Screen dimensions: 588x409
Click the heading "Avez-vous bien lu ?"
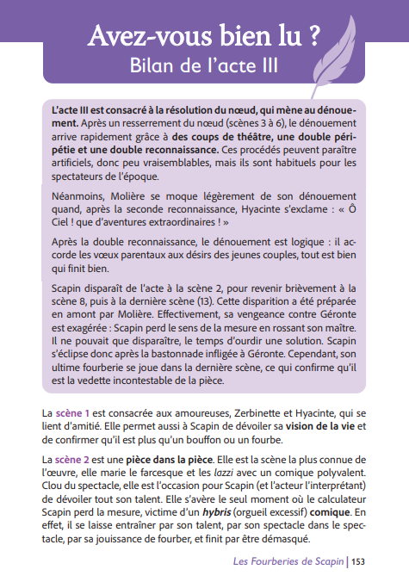pos(205,35)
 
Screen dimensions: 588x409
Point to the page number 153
pos(358,561)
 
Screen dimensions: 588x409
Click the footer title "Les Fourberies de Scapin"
pos(288,561)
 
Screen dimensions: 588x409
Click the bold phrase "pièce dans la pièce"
pos(169,459)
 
